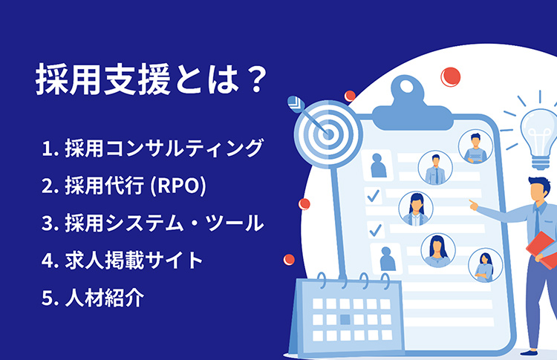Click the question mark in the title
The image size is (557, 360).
point(255,79)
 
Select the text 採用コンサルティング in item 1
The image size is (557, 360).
point(164,148)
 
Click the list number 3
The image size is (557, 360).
point(48,223)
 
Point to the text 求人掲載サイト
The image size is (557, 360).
point(134,261)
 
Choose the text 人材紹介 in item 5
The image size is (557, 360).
point(105,298)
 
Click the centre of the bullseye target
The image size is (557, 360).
point(328,134)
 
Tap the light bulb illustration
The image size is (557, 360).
point(539,137)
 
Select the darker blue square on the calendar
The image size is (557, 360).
point(345,319)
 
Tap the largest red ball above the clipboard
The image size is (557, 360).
point(451,77)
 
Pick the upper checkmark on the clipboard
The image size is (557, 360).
point(373,195)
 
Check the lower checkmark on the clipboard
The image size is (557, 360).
point(376,229)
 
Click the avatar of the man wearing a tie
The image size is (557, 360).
point(435,168)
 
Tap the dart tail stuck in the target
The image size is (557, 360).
point(296,105)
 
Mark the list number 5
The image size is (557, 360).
point(48,298)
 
